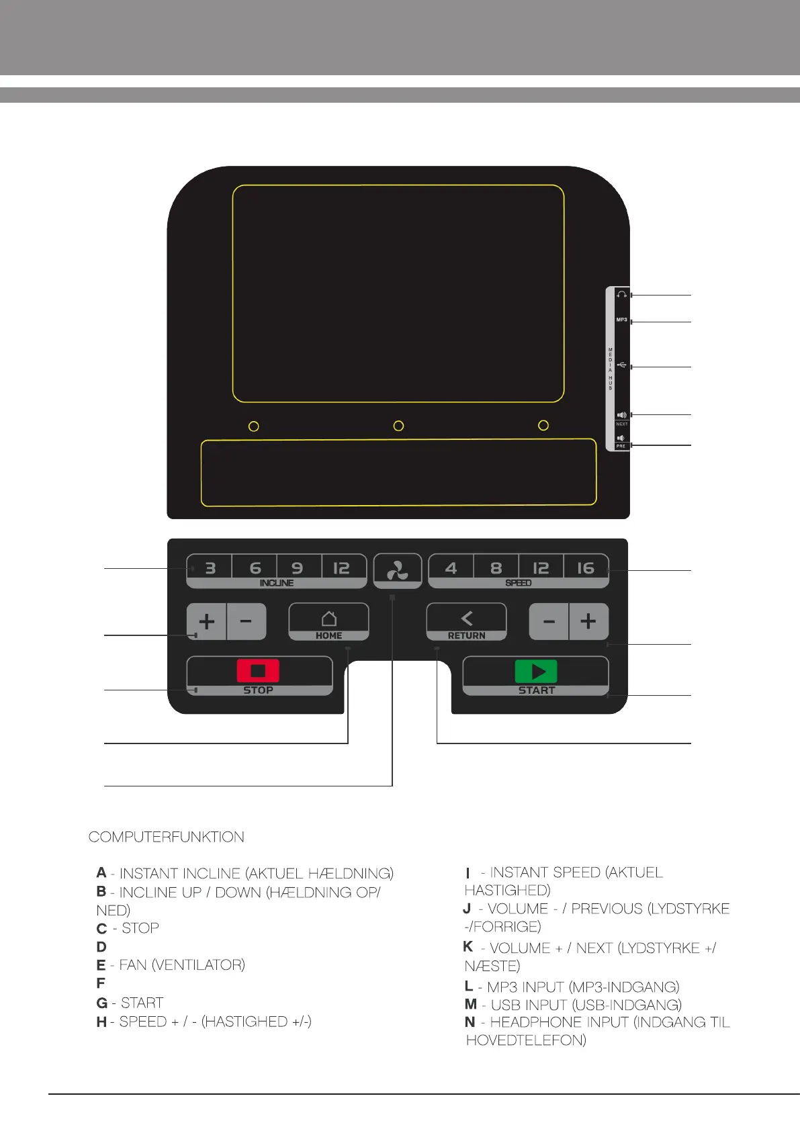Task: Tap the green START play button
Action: [x=536, y=672]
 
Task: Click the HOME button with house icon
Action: [x=328, y=621]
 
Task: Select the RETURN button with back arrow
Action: [x=466, y=621]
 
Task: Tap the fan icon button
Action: [x=398, y=571]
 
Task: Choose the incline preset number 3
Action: [x=210, y=568]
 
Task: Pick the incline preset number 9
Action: [x=297, y=568]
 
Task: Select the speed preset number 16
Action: [x=586, y=568]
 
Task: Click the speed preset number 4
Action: [x=451, y=568]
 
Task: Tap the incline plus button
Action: [x=207, y=621]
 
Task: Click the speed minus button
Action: [x=549, y=621]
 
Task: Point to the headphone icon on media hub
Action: [x=621, y=295]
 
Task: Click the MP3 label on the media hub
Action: [x=621, y=320]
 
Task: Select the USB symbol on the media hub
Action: [x=621, y=365]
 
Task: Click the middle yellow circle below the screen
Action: [x=398, y=426]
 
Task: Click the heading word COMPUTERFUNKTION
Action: [x=167, y=837]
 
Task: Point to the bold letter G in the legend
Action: [x=102, y=1003]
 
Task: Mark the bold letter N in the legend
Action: [x=470, y=1022]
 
